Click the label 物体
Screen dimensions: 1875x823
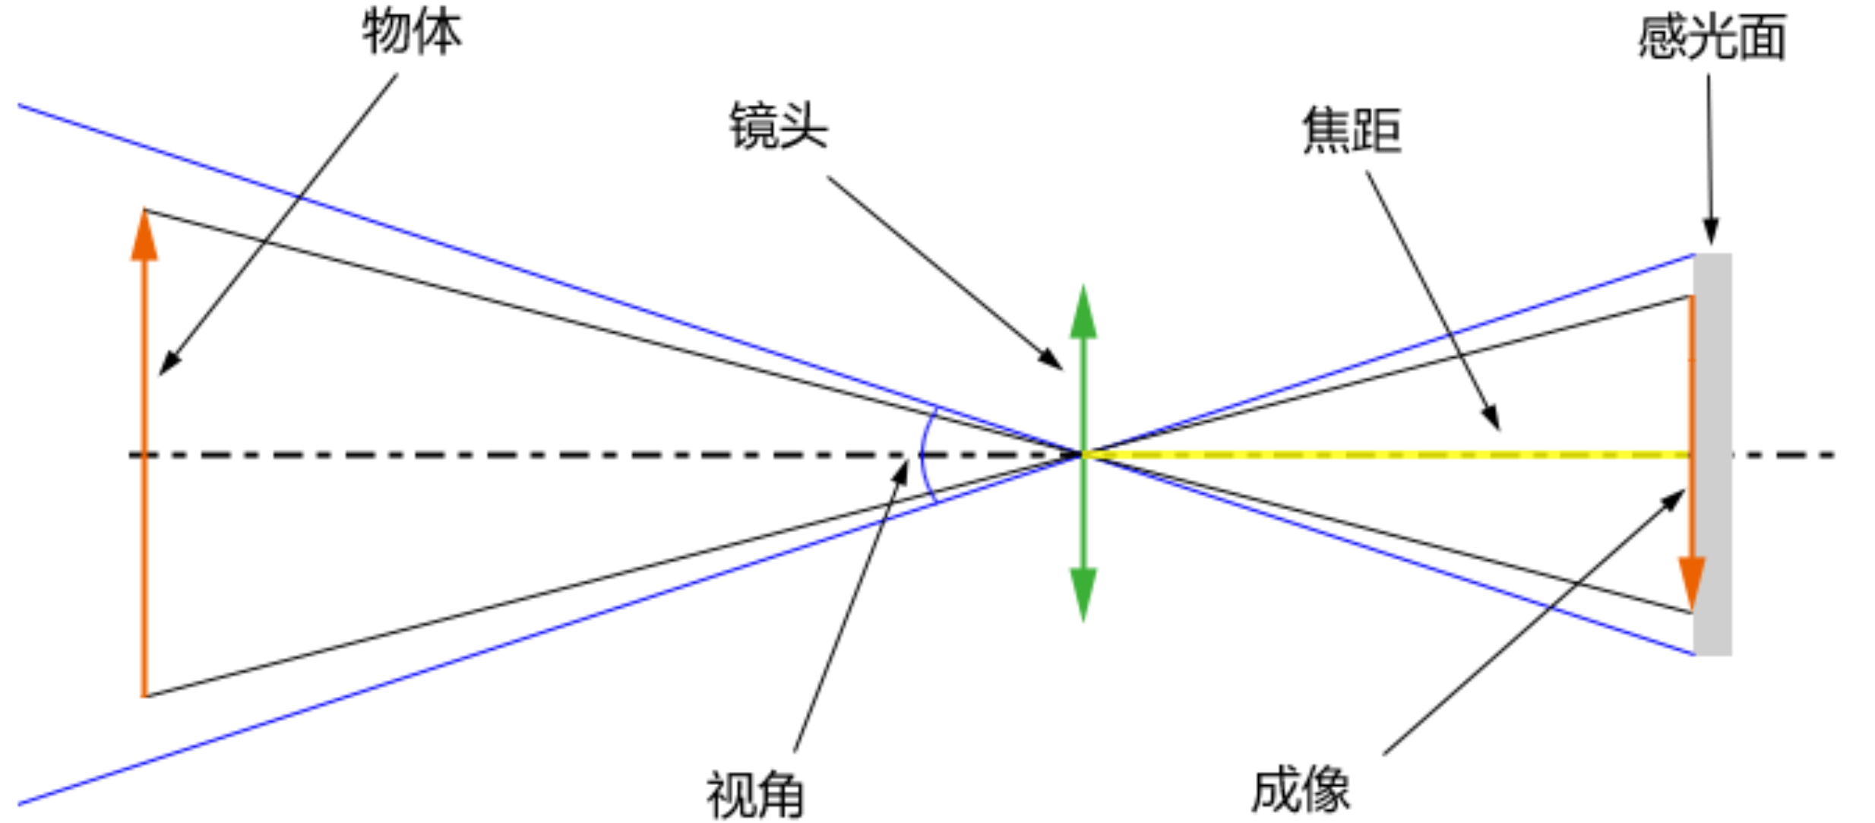click(412, 32)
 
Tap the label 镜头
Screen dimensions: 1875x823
click(778, 127)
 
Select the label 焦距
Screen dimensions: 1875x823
click(1352, 131)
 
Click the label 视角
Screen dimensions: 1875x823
click(755, 795)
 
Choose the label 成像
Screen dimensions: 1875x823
click(1301, 790)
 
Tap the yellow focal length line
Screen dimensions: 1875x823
click(1383, 454)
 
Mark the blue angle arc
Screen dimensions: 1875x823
click(922, 454)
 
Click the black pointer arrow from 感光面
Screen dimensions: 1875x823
click(1710, 160)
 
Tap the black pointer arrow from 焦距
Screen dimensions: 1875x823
click(1433, 300)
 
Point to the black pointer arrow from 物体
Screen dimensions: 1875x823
click(278, 224)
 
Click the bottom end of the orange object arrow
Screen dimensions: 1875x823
click(144, 693)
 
